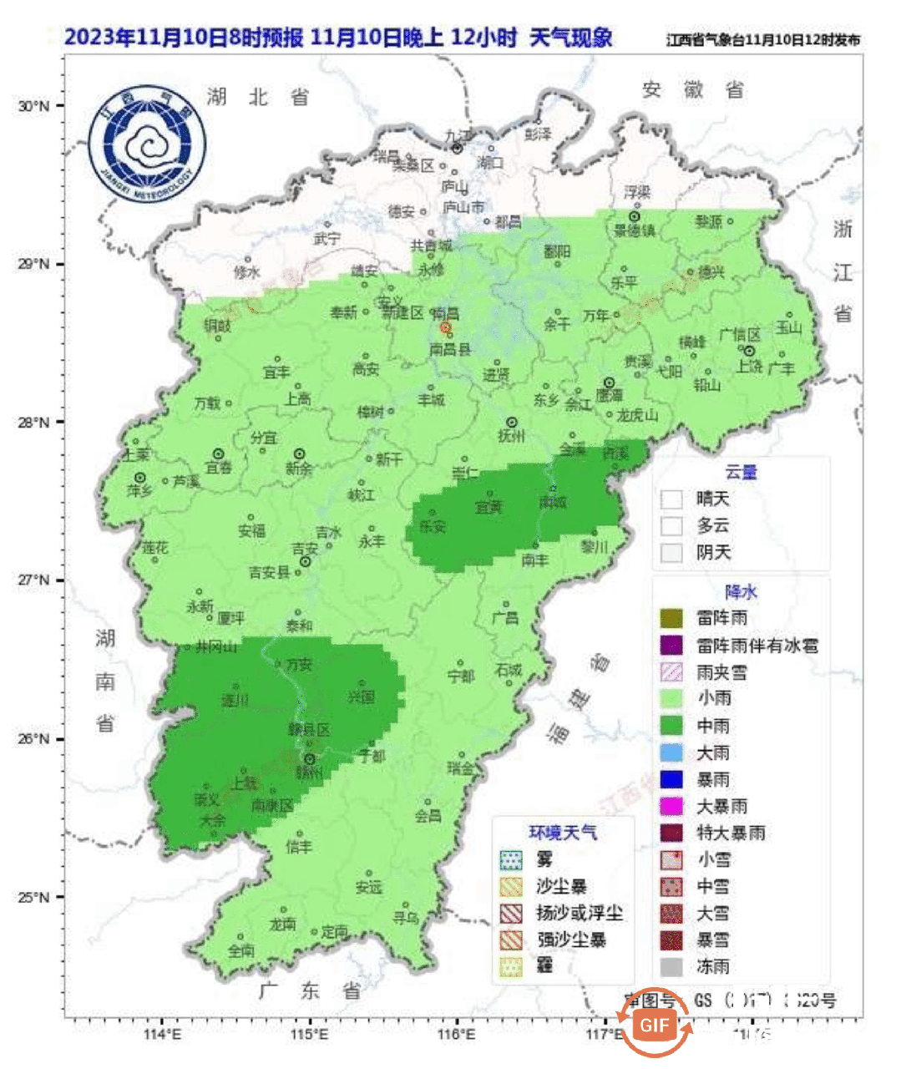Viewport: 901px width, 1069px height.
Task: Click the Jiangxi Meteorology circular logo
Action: coord(147,144)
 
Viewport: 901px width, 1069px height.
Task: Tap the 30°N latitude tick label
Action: coord(33,106)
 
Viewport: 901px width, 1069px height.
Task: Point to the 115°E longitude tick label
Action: coord(310,1034)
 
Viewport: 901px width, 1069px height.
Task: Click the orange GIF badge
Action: coord(655,1025)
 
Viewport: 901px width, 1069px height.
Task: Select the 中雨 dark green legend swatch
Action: coord(671,726)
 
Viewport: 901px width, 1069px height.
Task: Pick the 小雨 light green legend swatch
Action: coord(671,698)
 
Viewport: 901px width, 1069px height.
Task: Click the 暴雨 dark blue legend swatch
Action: coord(671,779)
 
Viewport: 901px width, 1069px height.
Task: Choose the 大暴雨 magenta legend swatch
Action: coord(671,806)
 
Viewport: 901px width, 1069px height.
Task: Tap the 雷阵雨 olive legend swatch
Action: coord(671,618)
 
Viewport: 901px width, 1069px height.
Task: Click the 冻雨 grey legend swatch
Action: coord(671,966)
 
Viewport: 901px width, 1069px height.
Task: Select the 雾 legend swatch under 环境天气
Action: coord(510,859)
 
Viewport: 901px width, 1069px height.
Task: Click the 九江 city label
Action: coord(458,135)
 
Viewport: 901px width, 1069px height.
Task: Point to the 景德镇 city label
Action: coord(635,231)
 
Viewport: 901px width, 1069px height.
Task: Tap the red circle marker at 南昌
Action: coord(446,328)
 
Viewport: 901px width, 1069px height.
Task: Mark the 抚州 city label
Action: coord(511,436)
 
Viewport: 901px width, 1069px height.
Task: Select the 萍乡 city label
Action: coord(139,491)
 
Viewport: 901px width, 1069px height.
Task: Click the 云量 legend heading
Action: coord(741,472)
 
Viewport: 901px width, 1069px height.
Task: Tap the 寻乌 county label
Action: coord(406,917)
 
